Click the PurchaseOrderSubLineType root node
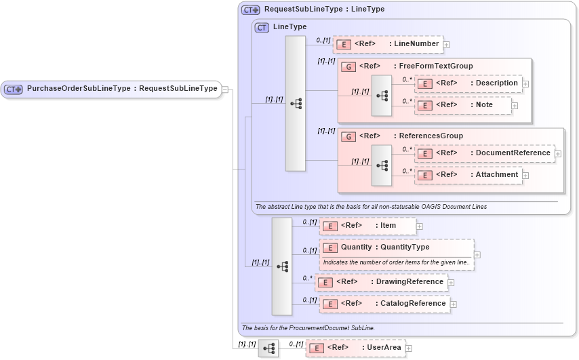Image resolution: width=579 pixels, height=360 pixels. (x=111, y=89)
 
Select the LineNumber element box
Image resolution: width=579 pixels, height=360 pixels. (x=388, y=44)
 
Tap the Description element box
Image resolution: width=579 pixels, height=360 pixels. (x=468, y=83)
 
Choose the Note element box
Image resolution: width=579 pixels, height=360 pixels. (x=462, y=105)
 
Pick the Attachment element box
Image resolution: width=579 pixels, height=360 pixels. (x=468, y=175)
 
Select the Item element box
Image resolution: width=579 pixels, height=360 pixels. (x=367, y=226)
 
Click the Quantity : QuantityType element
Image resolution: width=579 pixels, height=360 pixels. (x=396, y=247)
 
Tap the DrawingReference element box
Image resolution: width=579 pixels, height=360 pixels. (x=381, y=282)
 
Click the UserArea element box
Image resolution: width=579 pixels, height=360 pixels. (x=355, y=348)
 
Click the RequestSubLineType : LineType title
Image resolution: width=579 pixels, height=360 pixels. (x=323, y=9)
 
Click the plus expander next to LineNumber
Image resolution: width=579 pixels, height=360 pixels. (x=447, y=45)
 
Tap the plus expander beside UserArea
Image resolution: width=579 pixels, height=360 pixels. (x=409, y=348)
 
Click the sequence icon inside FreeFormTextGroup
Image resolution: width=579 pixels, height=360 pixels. (x=382, y=96)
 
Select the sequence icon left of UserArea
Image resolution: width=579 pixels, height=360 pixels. (x=268, y=348)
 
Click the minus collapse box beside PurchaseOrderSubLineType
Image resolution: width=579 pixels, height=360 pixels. (x=225, y=89)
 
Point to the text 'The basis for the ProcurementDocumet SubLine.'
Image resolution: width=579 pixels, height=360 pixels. (x=308, y=328)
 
